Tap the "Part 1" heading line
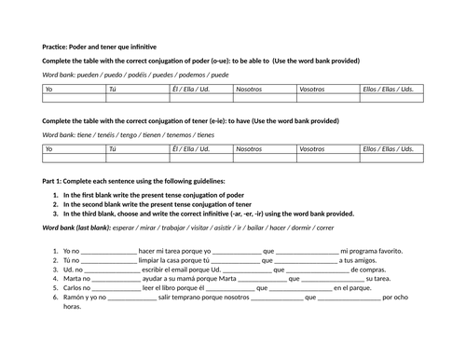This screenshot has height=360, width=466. tap(133, 180)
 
